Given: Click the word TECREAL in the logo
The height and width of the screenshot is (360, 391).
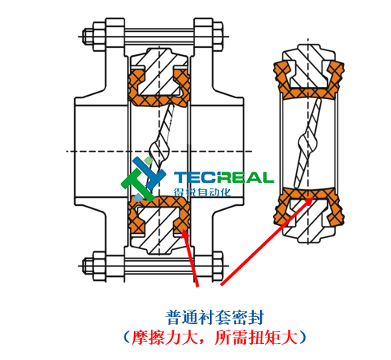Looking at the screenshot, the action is (x=224, y=177).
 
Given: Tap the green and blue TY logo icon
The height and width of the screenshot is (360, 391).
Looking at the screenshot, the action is (x=143, y=179).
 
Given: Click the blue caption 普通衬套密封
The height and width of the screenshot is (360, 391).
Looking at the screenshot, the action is (x=215, y=317).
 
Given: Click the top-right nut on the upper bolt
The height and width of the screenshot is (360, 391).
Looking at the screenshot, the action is (x=218, y=37).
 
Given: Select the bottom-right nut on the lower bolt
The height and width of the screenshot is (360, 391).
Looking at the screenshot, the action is (x=218, y=266).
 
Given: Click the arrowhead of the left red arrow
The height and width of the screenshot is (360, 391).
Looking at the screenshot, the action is (x=185, y=233).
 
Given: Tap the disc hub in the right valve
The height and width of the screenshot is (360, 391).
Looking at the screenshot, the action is (x=307, y=141).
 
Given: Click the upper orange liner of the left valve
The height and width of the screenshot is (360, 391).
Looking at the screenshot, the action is (x=159, y=101).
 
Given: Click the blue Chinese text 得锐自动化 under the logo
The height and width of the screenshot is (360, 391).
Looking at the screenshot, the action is (x=203, y=192).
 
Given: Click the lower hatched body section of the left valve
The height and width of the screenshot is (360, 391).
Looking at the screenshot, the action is (x=159, y=230).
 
